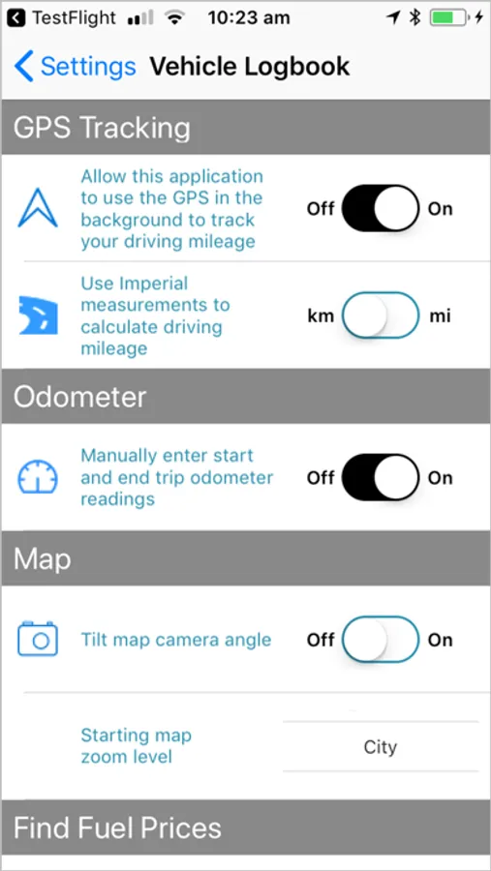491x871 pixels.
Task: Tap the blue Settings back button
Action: coord(76,66)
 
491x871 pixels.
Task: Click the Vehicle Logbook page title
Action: coord(250,66)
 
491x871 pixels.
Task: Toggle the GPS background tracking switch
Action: coord(380,209)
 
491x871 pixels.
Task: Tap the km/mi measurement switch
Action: coord(380,315)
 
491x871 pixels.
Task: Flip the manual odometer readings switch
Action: coord(380,478)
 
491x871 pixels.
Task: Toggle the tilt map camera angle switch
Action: coord(380,640)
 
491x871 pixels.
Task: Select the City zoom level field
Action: coord(381,746)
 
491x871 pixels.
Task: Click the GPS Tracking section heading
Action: coord(102,128)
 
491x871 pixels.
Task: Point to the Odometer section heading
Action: coord(80,397)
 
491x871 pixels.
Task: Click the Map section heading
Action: coord(43,558)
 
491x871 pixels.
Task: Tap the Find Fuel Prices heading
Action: coord(117,828)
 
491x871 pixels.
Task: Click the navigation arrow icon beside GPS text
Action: coord(38,208)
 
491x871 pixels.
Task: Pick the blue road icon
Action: coord(39,315)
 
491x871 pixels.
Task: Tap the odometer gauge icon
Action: coord(38,477)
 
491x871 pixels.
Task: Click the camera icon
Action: coord(38,639)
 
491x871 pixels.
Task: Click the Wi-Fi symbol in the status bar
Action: coord(174,18)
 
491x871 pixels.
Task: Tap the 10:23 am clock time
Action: coord(249,17)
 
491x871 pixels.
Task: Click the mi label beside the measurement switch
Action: coord(440,316)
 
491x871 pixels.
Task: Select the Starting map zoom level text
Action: coord(137,746)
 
